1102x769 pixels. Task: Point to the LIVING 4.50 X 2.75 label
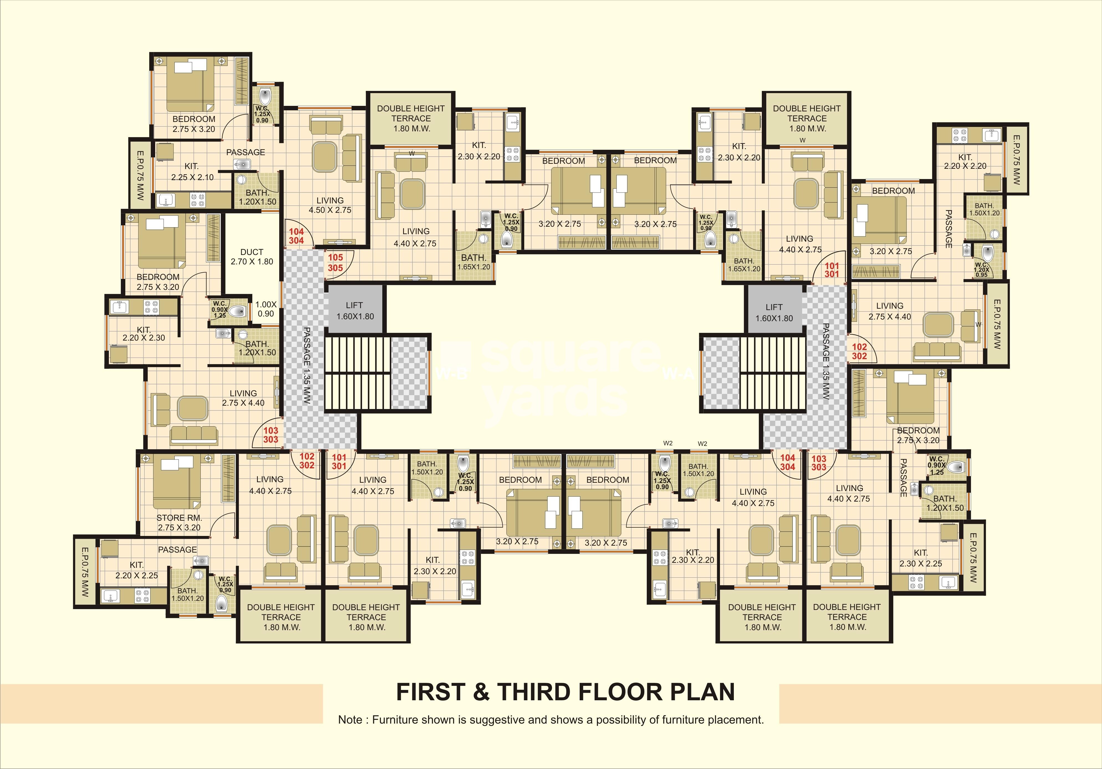coord(330,205)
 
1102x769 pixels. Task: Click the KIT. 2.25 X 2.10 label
coord(192,171)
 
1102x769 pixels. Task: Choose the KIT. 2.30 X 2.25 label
coord(921,558)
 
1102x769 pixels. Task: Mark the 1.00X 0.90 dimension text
coord(266,309)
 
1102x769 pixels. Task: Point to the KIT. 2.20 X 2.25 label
coord(136,570)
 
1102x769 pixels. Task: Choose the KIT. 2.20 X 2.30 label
coord(144,333)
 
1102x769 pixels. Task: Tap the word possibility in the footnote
coord(619,720)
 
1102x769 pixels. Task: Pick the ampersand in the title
coord(481,692)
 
